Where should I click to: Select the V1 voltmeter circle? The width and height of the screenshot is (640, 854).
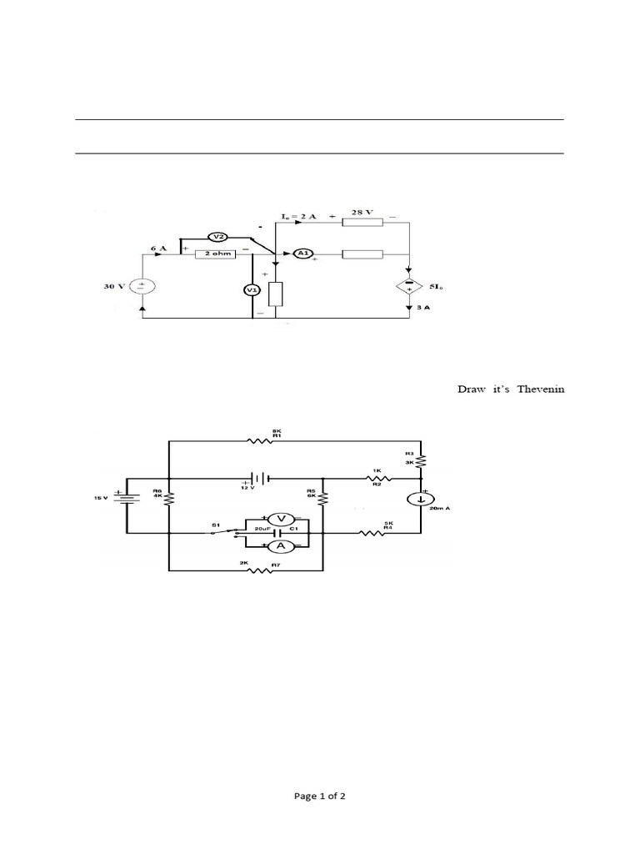point(252,289)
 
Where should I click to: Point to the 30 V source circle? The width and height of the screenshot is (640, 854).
point(143,285)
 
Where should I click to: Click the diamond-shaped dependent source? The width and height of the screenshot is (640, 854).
point(409,286)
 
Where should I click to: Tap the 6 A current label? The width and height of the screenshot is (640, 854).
point(158,248)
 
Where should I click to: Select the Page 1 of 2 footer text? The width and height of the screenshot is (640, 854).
point(320,796)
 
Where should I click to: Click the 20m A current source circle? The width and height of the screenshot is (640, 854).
point(422,500)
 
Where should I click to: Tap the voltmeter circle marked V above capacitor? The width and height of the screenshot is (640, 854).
point(281,520)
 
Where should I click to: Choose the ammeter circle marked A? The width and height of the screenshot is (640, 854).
point(281,545)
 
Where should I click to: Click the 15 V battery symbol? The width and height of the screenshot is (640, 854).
point(127,497)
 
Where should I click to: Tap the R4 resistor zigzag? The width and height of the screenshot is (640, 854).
point(371,533)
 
